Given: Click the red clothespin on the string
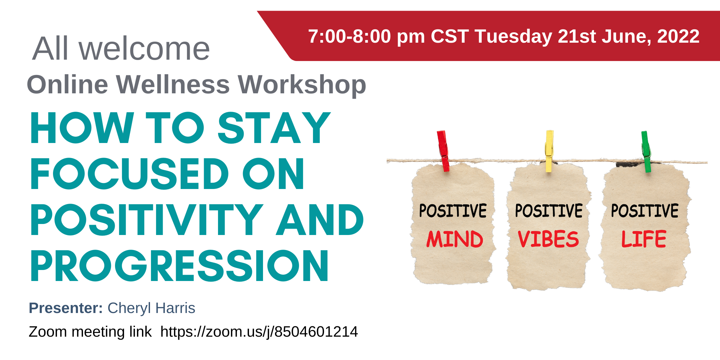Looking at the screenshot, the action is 443,151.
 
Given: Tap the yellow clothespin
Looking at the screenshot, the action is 549,151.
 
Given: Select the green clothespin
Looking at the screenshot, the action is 646,152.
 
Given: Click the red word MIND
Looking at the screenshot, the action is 455,239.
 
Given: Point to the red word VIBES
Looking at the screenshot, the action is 548,239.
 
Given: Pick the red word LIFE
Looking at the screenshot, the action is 644,239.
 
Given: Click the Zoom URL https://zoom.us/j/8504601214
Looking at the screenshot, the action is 259,332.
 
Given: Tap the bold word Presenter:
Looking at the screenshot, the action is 66,308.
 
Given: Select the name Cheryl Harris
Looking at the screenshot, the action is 151,308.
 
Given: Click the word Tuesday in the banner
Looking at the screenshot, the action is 514,37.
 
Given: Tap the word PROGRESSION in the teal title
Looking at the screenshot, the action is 179,266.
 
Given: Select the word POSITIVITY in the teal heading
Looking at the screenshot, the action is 147,220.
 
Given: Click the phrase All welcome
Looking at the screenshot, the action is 121,49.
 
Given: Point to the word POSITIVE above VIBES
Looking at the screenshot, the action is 549,211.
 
